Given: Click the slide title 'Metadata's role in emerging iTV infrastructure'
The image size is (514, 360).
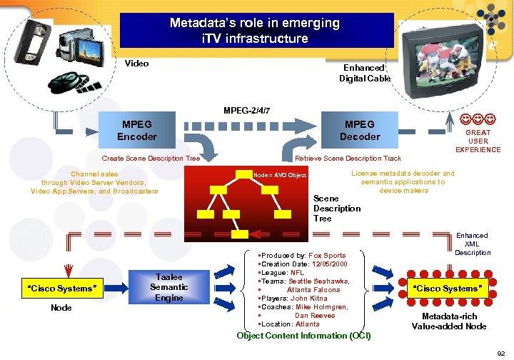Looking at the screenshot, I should pos(255,31).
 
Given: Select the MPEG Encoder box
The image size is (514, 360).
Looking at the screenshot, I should pos(137,130).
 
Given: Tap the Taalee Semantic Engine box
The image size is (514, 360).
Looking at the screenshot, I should pos(168,287).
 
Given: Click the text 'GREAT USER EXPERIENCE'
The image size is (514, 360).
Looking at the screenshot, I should pos(478,141).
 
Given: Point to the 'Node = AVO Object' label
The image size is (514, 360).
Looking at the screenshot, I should pos(281,175).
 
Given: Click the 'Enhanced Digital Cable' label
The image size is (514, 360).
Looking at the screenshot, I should pos(365,73).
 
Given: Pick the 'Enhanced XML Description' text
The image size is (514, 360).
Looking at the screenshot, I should pos(472,244).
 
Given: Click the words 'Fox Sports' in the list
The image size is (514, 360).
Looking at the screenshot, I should pos(327,255).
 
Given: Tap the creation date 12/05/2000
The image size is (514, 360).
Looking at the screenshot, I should pos(339,264).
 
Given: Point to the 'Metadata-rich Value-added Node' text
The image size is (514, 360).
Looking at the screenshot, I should pos(449,321).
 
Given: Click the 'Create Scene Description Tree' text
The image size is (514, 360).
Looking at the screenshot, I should pos(151,159).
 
